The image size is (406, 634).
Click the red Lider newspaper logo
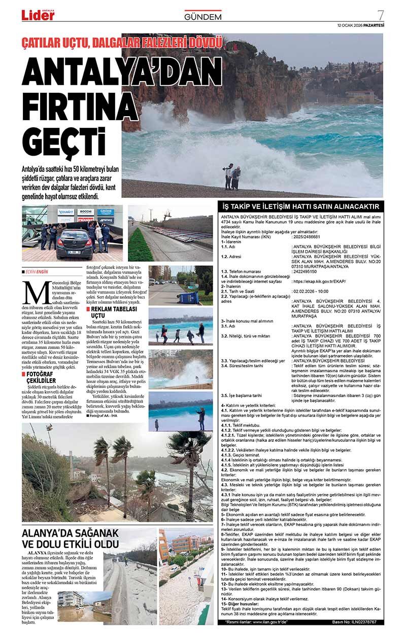coord(38,15)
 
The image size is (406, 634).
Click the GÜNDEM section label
coord(203,17)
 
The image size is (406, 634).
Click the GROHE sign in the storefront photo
coord(106,212)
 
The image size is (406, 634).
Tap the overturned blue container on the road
coord(190,297)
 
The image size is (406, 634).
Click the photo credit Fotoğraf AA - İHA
coord(104,430)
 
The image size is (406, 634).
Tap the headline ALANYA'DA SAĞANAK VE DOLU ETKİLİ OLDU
coord(71,538)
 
